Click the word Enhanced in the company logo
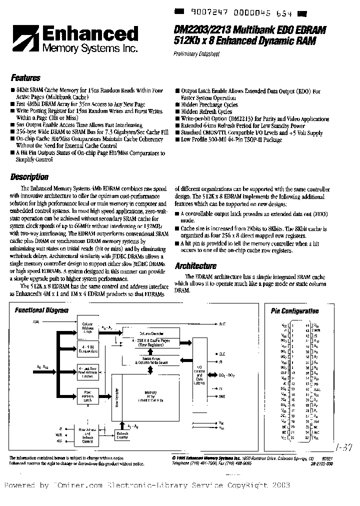point(91,34)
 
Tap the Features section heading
point(25,78)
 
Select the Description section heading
point(29,176)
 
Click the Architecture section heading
point(195,266)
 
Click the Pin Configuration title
point(294,310)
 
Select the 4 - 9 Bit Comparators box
point(88,348)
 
